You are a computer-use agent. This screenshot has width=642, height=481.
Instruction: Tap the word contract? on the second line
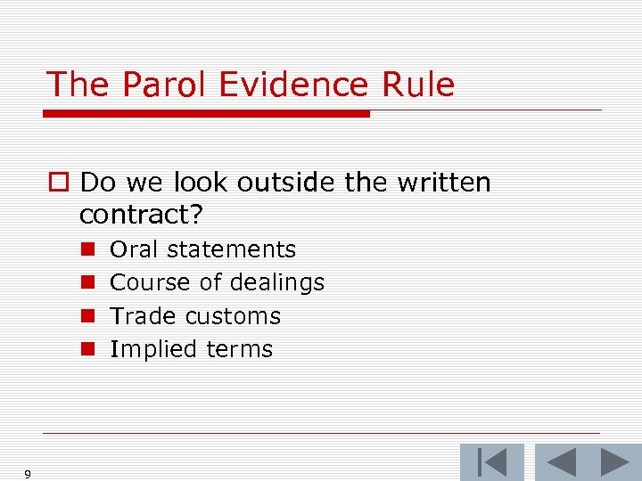point(143,215)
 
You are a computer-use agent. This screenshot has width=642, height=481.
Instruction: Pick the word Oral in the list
point(135,249)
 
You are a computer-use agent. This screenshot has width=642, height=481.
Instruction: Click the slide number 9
point(28,475)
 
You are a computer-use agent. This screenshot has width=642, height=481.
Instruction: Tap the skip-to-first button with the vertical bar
point(492,462)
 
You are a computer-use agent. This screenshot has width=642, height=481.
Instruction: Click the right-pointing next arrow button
point(614,462)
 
